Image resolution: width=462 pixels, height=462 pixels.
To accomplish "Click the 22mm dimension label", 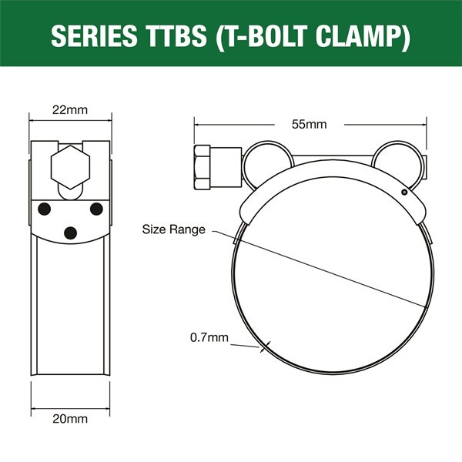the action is [70, 110].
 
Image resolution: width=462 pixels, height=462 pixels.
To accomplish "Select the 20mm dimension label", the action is [70, 419].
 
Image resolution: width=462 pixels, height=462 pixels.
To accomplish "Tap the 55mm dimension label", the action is [310, 124].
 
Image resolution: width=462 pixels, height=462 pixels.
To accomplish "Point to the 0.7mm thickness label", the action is [209, 337].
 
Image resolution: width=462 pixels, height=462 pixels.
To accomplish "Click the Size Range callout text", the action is [173, 229].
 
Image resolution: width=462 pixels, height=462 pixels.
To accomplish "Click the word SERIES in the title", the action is [94, 35].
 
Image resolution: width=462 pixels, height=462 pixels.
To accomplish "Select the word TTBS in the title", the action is [175, 35].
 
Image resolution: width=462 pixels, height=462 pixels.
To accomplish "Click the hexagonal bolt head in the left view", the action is [70, 167].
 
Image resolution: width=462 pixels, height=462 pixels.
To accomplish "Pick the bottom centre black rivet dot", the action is [70, 233].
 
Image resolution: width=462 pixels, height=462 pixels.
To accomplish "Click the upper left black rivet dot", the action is [44, 209].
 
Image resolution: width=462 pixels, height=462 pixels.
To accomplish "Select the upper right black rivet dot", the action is [96, 209].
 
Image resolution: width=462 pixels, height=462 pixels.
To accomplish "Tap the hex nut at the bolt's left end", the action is [202, 167].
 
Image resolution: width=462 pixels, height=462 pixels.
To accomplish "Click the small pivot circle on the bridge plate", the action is [404, 192].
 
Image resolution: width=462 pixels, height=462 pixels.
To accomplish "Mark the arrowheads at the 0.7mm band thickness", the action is [265, 346].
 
